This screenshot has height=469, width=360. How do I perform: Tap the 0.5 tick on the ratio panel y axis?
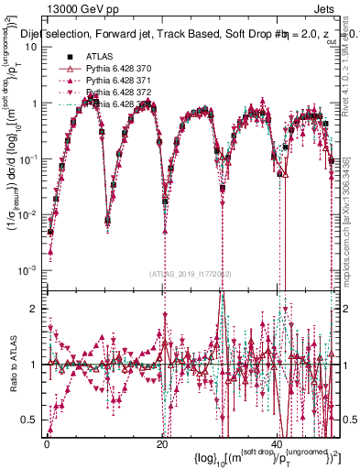(x=32, y=420)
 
